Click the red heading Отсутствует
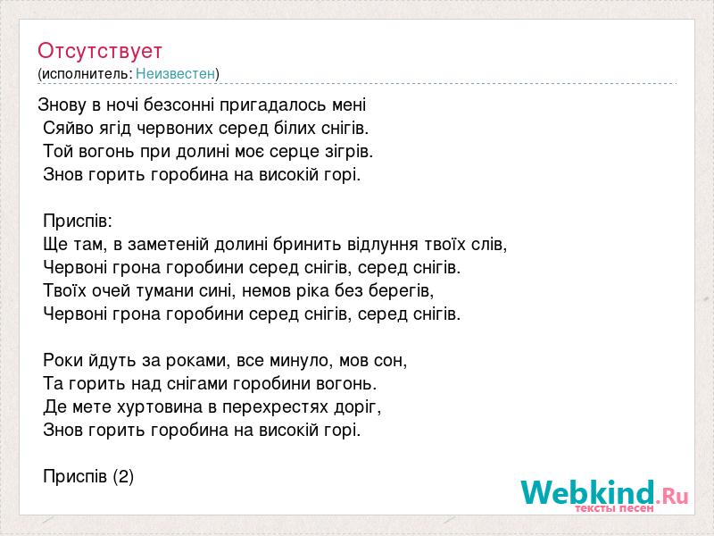tap(100, 51)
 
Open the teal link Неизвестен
tap(175, 73)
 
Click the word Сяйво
tap(64, 129)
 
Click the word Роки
tap(63, 361)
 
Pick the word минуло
tap(299, 361)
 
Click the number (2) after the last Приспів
tap(123, 477)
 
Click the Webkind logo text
tap(604, 491)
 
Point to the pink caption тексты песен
tap(614, 508)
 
